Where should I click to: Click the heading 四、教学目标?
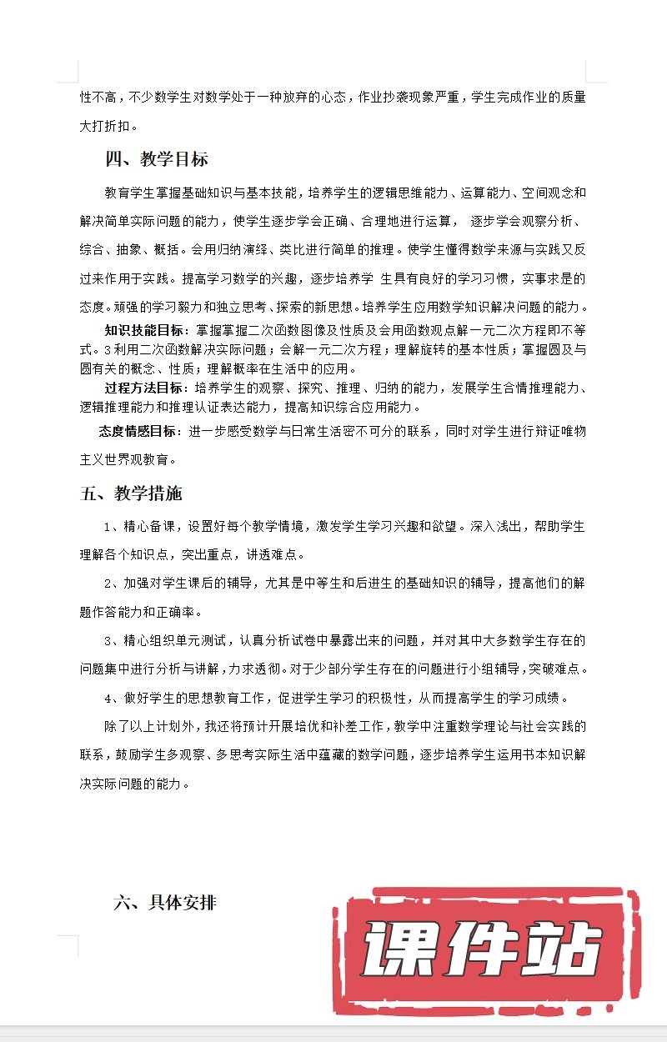[x=156, y=159]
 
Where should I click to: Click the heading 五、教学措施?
[x=131, y=493]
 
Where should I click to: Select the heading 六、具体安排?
[x=165, y=902]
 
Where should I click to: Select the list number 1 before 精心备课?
[x=108, y=527]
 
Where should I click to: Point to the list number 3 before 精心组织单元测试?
[x=108, y=641]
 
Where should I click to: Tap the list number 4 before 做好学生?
[x=108, y=698]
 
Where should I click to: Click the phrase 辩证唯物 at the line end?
[x=559, y=430]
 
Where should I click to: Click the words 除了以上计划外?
[x=148, y=727]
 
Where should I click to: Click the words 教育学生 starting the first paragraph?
[x=129, y=193]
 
